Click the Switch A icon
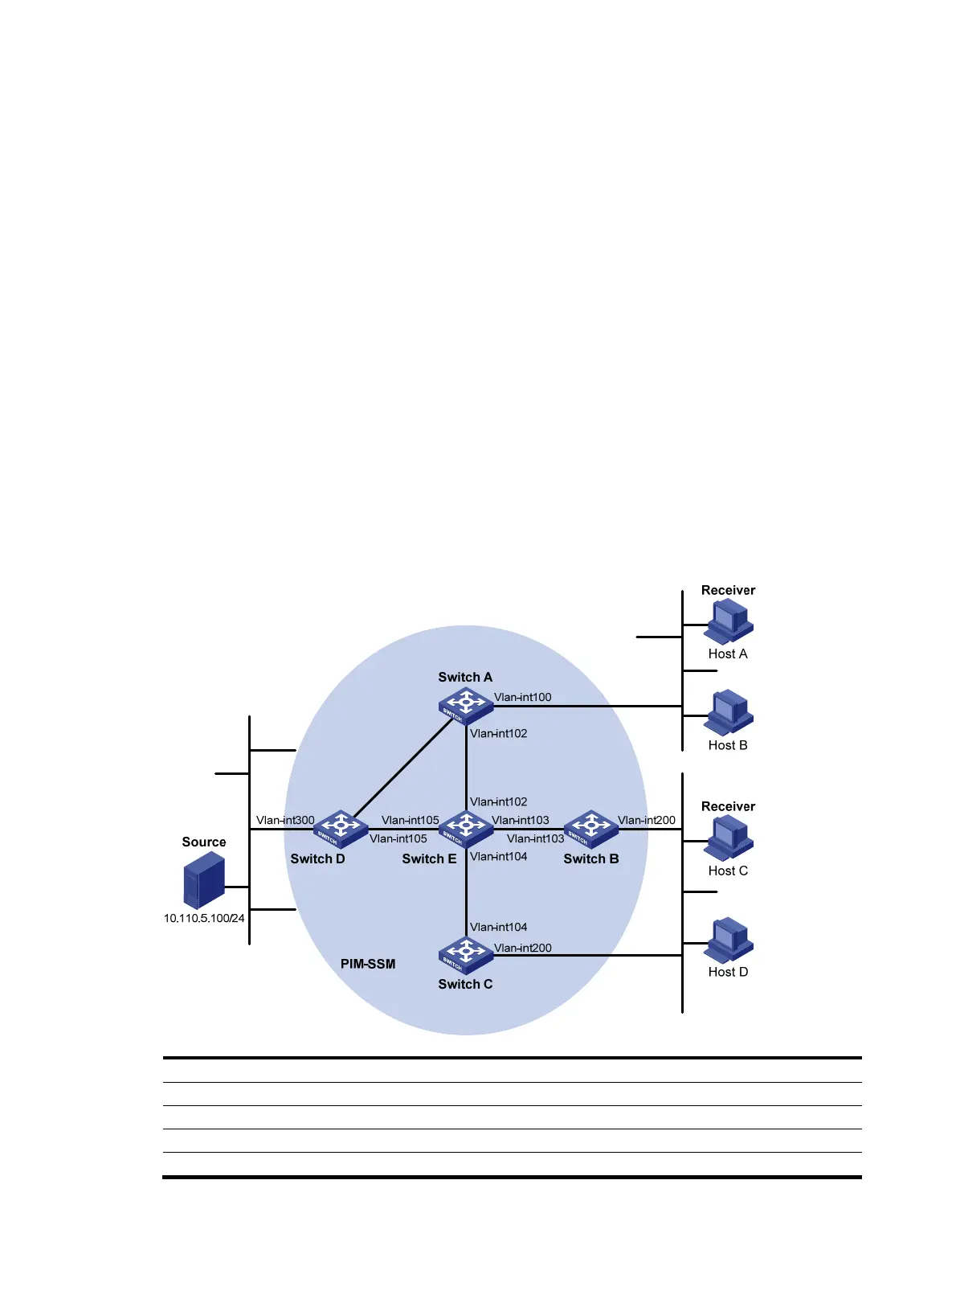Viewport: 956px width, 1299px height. point(465,706)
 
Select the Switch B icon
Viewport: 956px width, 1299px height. point(591,828)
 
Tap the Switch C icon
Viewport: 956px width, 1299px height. point(465,955)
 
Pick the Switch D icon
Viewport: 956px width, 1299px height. point(341,828)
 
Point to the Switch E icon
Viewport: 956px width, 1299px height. point(466,828)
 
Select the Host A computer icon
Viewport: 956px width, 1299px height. point(729,622)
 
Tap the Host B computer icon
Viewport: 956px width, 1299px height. point(729,711)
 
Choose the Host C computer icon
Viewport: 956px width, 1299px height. point(729,838)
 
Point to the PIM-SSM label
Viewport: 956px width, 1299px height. point(368,964)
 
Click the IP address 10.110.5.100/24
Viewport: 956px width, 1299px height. point(204,918)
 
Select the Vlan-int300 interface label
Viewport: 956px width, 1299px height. point(285,820)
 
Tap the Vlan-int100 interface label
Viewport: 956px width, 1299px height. point(522,697)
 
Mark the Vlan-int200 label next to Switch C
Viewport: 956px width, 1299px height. point(522,948)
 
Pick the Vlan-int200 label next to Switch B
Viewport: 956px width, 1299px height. point(647,820)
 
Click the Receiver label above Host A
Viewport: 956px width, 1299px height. point(728,590)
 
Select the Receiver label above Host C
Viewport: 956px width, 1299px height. point(728,806)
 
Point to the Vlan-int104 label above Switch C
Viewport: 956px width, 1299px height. point(498,927)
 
